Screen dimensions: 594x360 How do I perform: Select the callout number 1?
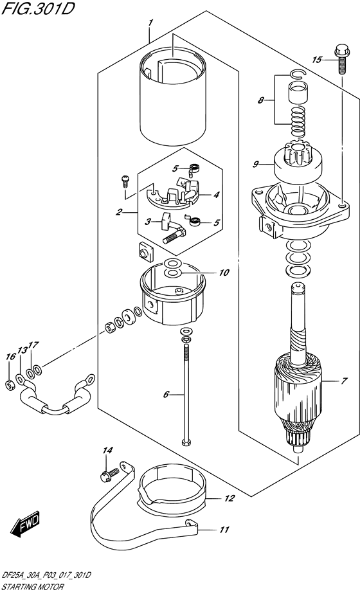(x=150, y=23)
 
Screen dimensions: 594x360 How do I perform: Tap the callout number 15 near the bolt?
(x=316, y=60)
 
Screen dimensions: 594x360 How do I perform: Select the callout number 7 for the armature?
(x=345, y=381)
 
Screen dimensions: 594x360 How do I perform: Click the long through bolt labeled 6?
(x=186, y=392)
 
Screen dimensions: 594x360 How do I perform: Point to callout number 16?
(x=10, y=357)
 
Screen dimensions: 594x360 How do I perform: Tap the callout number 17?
(x=34, y=345)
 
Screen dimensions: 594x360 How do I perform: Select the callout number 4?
(x=217, y=195)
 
